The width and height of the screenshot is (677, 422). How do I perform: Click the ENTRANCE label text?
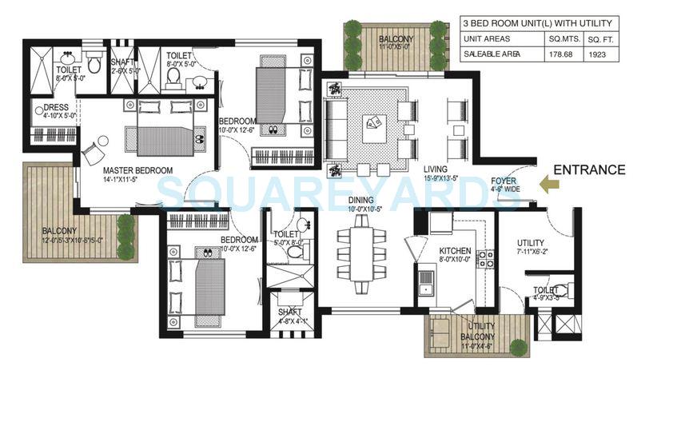point(589,169)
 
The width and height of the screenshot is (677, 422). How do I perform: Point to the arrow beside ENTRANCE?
point(550,185)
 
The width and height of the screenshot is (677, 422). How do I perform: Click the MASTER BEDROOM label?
point(137,170)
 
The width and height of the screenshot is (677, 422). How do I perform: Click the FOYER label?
point(503,181)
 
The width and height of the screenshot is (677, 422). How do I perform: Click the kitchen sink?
point(426,281)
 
